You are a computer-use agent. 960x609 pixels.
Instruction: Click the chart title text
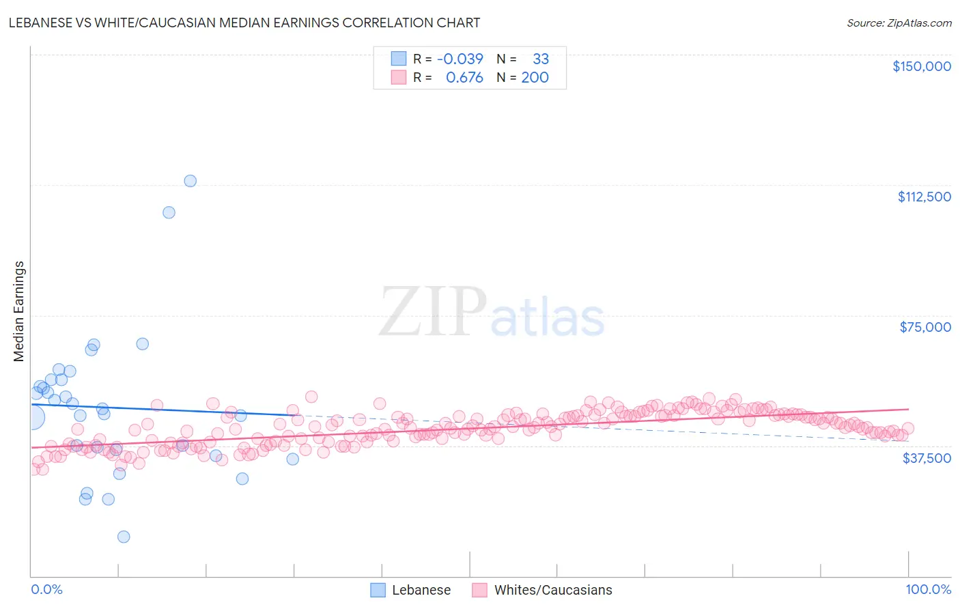coord(244,23)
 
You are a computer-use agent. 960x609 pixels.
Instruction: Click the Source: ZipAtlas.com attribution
coord(899,23)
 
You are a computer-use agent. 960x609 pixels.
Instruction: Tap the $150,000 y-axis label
coord(921,66)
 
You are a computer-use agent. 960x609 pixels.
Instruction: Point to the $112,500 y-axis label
coord(924,197)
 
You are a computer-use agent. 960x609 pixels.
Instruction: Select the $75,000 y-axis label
coord(925,327)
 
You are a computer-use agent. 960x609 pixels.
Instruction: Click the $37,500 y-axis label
coord(926,458)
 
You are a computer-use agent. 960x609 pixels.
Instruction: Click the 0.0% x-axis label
coord(46,589)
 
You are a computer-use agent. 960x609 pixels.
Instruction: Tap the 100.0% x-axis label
coord(928,589)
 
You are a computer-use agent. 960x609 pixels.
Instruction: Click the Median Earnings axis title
coord(19,311)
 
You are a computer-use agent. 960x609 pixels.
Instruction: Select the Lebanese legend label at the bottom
coord(421,590)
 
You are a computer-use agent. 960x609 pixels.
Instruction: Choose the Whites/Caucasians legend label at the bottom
coord(553,590)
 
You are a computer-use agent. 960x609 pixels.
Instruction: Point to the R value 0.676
coord(464,77)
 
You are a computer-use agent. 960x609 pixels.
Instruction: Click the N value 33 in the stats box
coord(541,59)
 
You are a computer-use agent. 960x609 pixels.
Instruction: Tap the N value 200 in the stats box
coord(535,77)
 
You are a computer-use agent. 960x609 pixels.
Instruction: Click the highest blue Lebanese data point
coord(190,181)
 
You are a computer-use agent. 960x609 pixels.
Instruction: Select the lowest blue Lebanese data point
coord(124,537)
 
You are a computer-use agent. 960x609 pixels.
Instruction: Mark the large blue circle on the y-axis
coord(32,417)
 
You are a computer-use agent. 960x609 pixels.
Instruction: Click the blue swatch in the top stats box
coord(399,59)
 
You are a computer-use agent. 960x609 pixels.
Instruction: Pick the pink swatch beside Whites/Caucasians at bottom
coord(479,590)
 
